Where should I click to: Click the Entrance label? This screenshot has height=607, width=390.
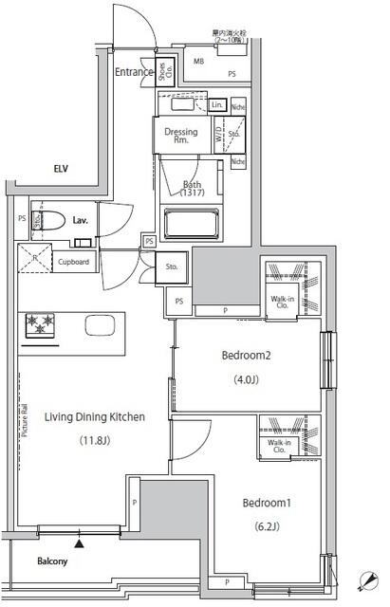[135, 73]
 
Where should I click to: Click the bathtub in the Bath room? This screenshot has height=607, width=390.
[193, 226]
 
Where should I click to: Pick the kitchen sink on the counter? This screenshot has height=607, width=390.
[99, 325]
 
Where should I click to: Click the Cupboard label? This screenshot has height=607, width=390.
[73, 262]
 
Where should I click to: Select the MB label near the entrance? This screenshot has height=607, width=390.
[198, 62]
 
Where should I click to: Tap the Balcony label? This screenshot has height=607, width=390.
[53, 561]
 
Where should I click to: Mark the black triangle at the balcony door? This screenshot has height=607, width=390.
[80, 543]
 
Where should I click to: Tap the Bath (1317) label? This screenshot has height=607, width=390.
[193, 189]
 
